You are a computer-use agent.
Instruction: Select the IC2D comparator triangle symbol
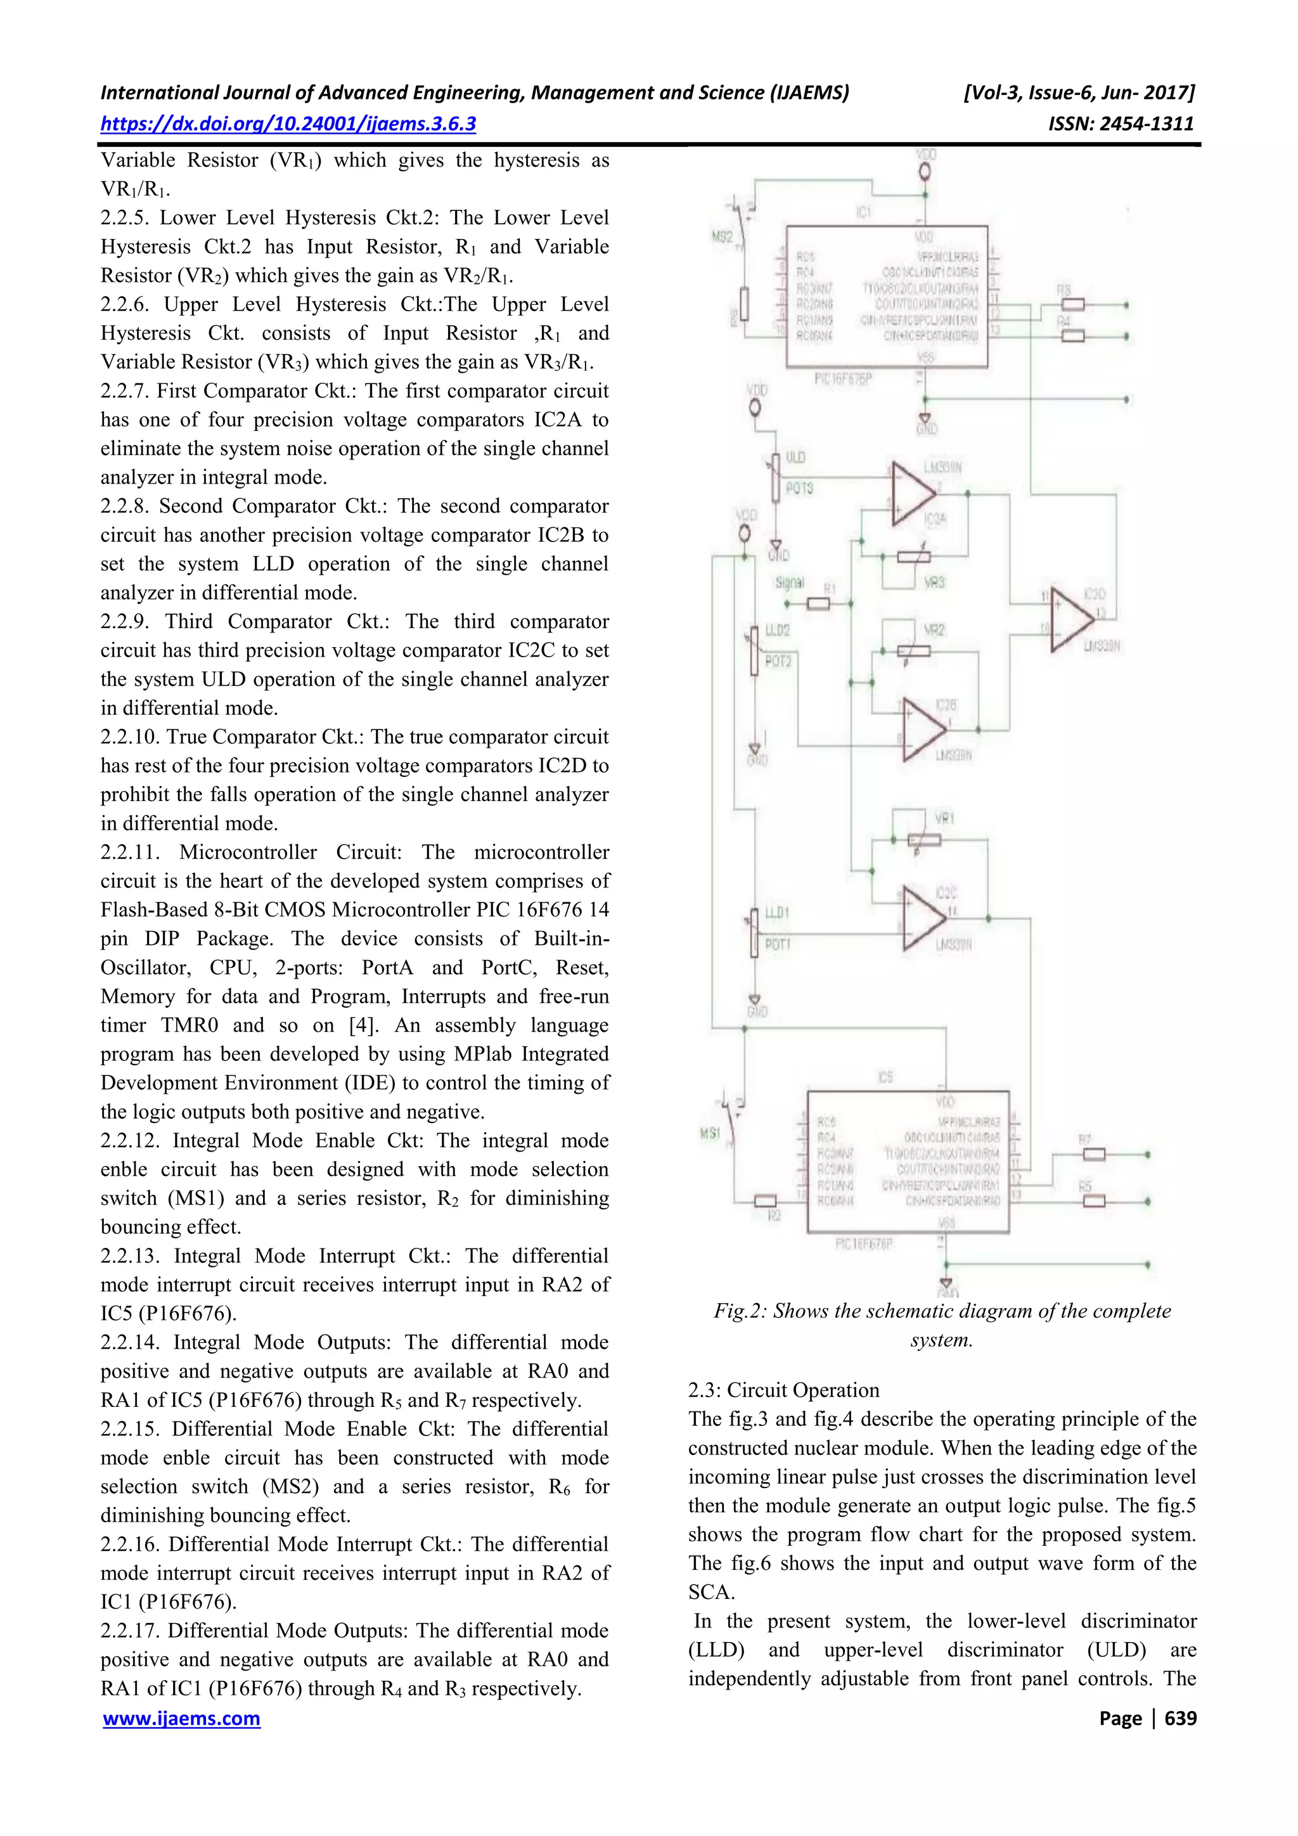click(x=1071, y=620)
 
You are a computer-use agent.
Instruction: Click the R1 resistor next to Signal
click(x=818, y=604)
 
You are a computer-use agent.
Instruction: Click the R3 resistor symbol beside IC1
click(x=1072, y=305)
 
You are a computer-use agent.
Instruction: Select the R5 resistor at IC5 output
click(x=1093, y=1200)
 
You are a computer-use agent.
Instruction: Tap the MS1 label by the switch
click(x=709, y=1133)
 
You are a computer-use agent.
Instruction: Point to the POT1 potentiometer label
click(x=778, y=944)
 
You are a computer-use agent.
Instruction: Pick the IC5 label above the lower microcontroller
click(x=885, y=1077)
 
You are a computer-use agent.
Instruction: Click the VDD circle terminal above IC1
click(x=925, y=172)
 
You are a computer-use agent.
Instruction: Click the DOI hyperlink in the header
click(x=288, y=124)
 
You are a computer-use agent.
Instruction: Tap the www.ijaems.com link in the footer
click(x=181, y=1719)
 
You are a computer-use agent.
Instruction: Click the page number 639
click(x=1181, y=1719)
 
